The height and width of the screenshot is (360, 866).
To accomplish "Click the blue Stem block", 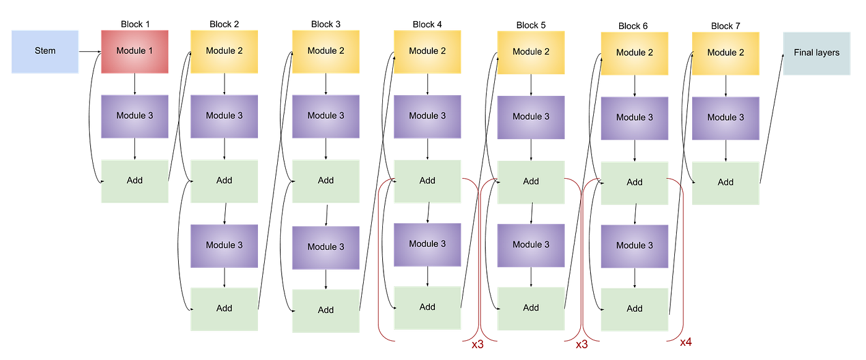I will [45, 51].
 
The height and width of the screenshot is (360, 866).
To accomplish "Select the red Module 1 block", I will [134, 51].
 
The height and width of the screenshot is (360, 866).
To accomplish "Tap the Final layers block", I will [817, 53].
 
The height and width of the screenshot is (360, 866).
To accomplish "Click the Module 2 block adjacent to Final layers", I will [726, 53].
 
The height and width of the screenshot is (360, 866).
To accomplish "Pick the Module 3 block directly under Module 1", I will [134, 116].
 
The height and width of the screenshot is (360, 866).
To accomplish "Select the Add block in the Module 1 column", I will [134, 181].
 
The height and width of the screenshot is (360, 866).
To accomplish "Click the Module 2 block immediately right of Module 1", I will [224, 51].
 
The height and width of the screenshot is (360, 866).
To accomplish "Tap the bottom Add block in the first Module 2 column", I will [224, 309].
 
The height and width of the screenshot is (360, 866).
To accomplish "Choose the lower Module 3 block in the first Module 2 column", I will [224, 246].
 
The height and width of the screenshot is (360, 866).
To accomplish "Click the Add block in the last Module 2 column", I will [726, 182].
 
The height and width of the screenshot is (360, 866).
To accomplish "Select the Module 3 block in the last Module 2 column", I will [726, 118].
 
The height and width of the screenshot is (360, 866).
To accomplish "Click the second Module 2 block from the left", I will [326, 51].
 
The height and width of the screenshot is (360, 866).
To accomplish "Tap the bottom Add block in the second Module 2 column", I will [326, 311].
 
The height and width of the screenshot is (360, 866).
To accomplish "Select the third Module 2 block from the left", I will [427, 51].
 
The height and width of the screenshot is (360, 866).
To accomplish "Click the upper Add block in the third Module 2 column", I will [427, 181].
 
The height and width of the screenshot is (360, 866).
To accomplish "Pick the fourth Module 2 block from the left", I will [531, 53].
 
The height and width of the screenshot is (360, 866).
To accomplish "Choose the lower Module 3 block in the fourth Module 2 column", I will [531, 245].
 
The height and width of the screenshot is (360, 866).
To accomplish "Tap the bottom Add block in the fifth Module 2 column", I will [635, 309].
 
